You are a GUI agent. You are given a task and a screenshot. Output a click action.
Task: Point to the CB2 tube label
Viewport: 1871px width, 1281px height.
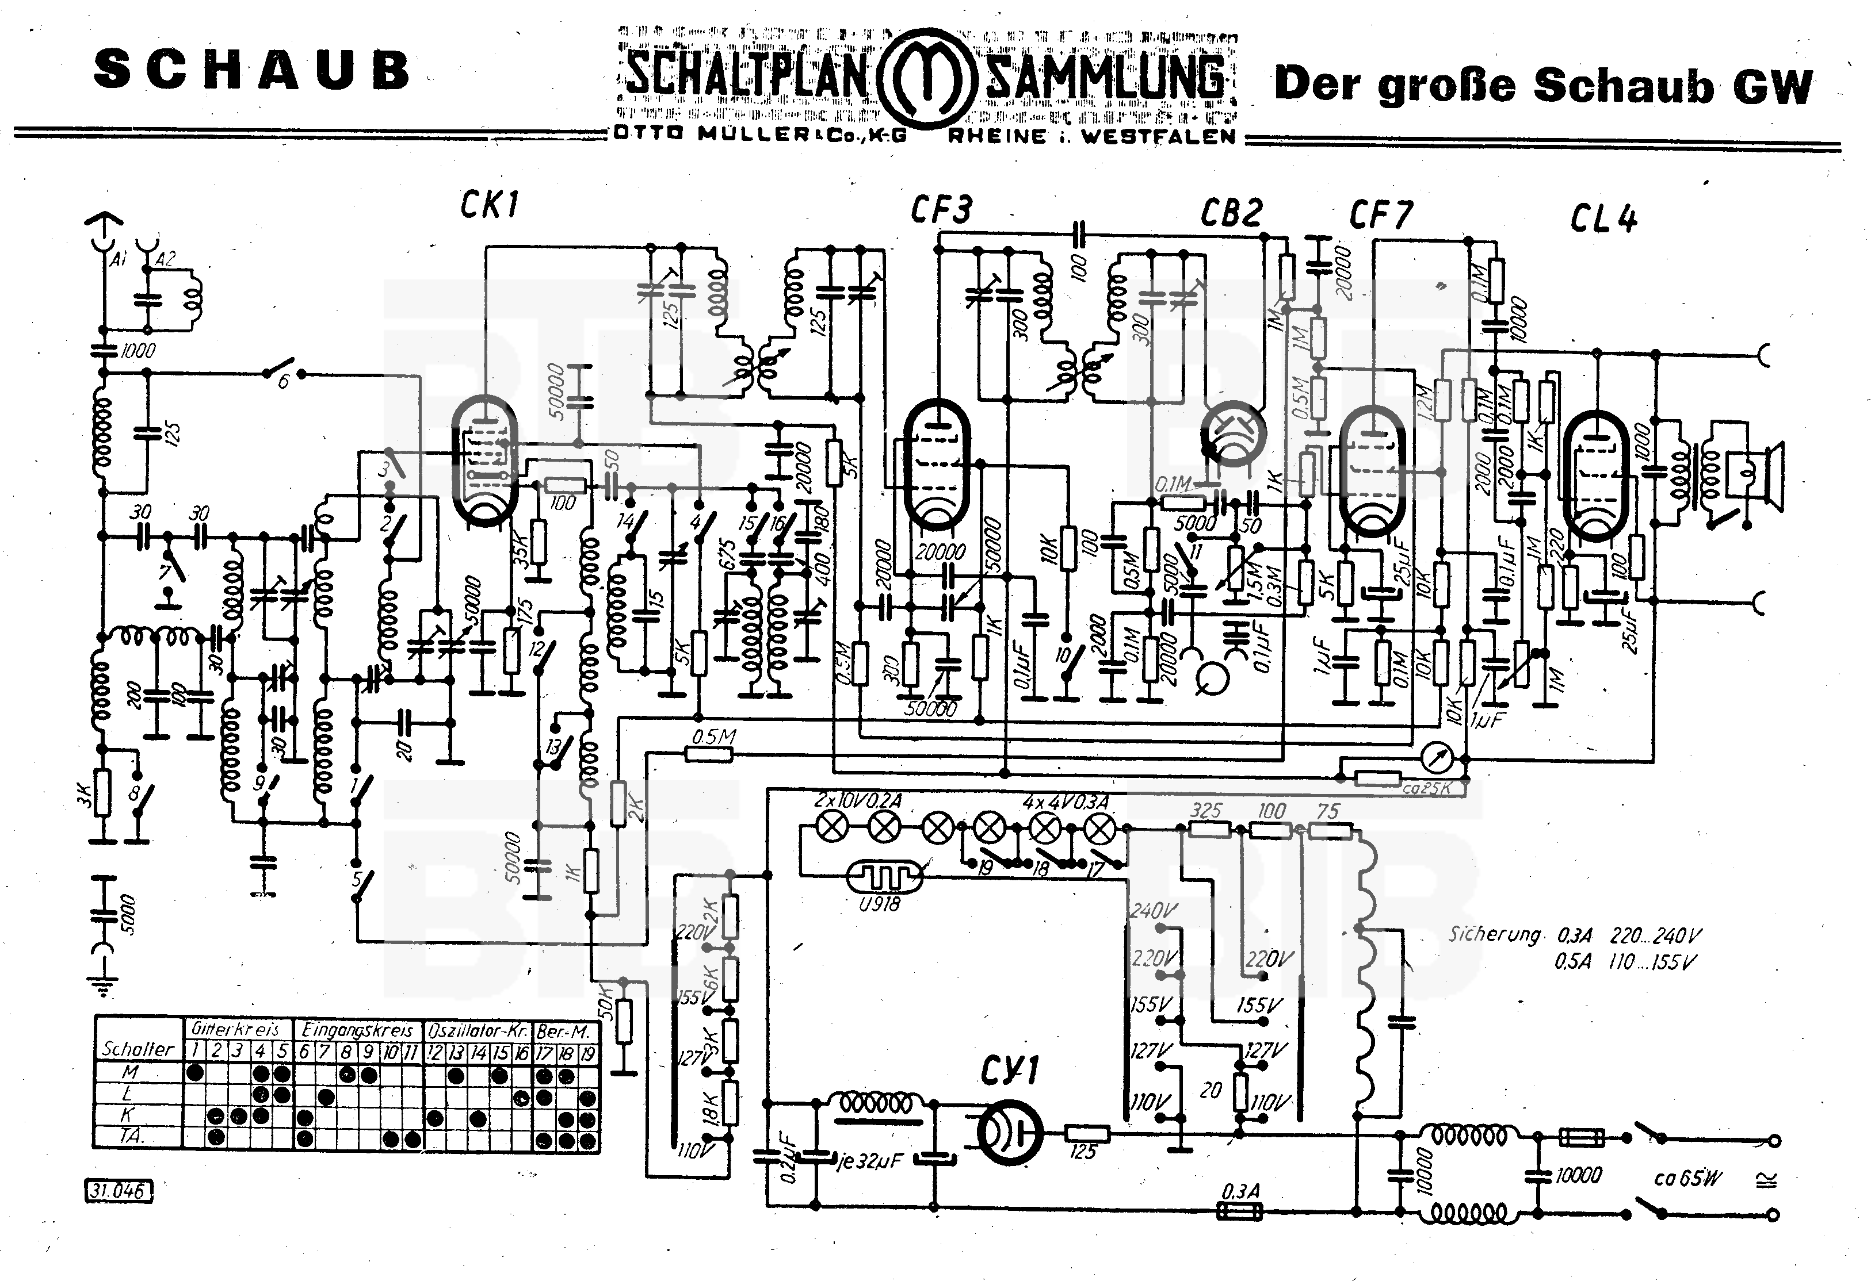coord(1231,213)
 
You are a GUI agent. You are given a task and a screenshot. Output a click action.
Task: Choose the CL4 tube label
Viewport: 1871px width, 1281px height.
coord(1603,219)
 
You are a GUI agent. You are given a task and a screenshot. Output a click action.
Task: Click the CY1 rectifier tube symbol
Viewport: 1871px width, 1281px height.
coord(1009,1132)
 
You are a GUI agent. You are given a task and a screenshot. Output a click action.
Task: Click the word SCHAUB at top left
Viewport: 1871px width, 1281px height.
coord(252,71)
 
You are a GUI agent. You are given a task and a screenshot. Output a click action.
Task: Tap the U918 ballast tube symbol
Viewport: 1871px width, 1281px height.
coord(883,876)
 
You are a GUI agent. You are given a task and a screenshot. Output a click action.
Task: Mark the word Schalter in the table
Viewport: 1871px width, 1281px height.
coord(138,1049)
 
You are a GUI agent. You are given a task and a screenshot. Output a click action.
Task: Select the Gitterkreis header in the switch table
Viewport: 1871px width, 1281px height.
coord(235,1029)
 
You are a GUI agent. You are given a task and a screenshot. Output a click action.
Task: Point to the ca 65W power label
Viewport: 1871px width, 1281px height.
coord(1687,1179)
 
